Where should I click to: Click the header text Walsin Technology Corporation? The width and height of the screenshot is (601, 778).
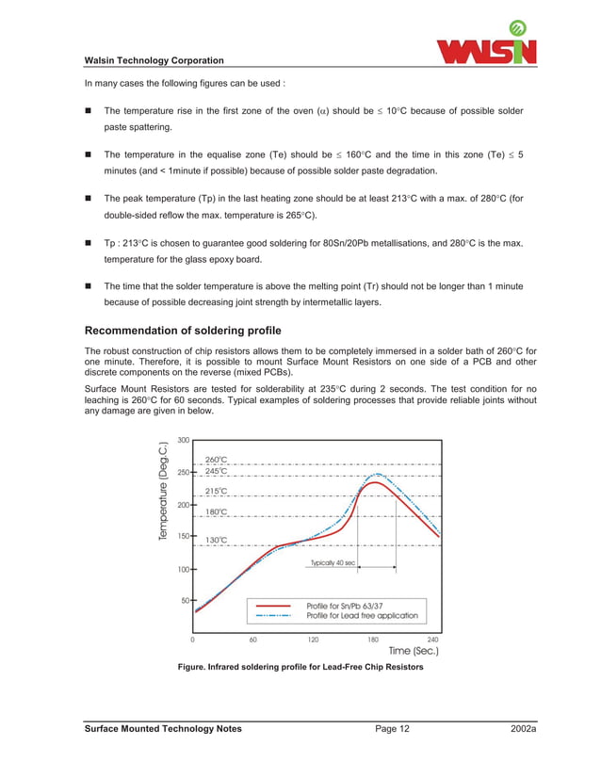click(154, 61)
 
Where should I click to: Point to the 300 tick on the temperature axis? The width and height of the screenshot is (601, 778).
click(184, 440)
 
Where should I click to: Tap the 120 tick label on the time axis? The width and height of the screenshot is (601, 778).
click(313, 639)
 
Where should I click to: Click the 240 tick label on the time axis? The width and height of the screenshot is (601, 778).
click(432, 639)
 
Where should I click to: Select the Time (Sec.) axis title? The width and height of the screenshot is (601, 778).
click(413, 651)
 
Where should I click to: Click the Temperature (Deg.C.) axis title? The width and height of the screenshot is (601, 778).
click(165, 491)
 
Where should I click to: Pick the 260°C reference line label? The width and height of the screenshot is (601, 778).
click(216, 460)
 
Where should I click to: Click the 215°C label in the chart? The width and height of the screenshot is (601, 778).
click(216, 492)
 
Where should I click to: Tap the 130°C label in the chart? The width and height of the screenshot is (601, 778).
click(216, 541)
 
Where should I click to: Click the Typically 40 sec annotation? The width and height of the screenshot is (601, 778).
click(333, 562)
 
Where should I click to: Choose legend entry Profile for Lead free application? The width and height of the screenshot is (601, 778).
click(362, 616)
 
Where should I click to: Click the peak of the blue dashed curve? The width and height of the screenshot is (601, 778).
click(378, 475)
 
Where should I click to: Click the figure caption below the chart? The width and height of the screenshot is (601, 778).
click(300, 668)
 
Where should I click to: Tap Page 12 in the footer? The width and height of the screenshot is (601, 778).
click(392, 729)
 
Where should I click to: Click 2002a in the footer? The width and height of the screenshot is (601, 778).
click(521, 729)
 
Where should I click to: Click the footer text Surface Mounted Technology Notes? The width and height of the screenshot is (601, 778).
click(163, 729)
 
